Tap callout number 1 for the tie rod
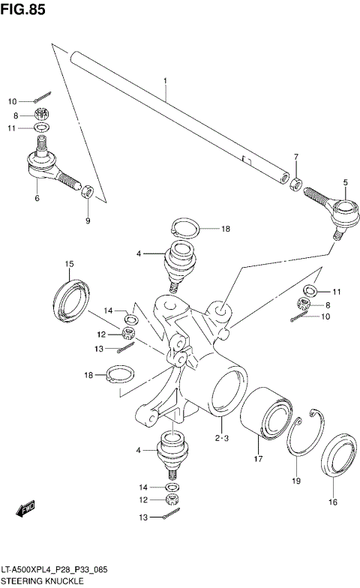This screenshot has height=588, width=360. [x=165, y=79]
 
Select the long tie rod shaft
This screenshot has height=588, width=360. [x=180, y=116]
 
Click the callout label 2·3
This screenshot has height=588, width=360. [x=220, y=438]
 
